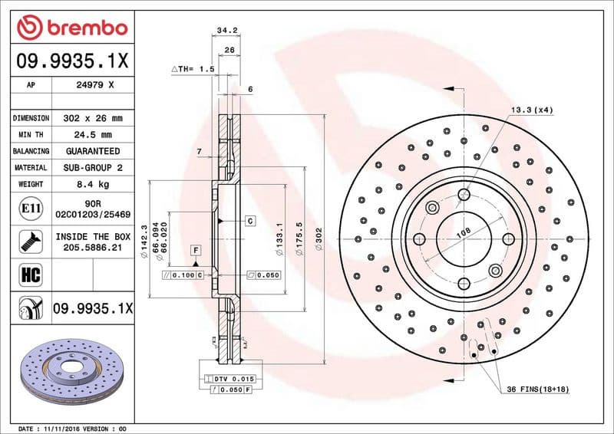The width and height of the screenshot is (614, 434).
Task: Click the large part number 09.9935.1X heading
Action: tap(70, 60)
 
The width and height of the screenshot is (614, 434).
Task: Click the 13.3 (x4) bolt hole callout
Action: tap(531, 110)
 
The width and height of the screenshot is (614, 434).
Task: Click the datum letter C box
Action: tap(250, 221)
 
